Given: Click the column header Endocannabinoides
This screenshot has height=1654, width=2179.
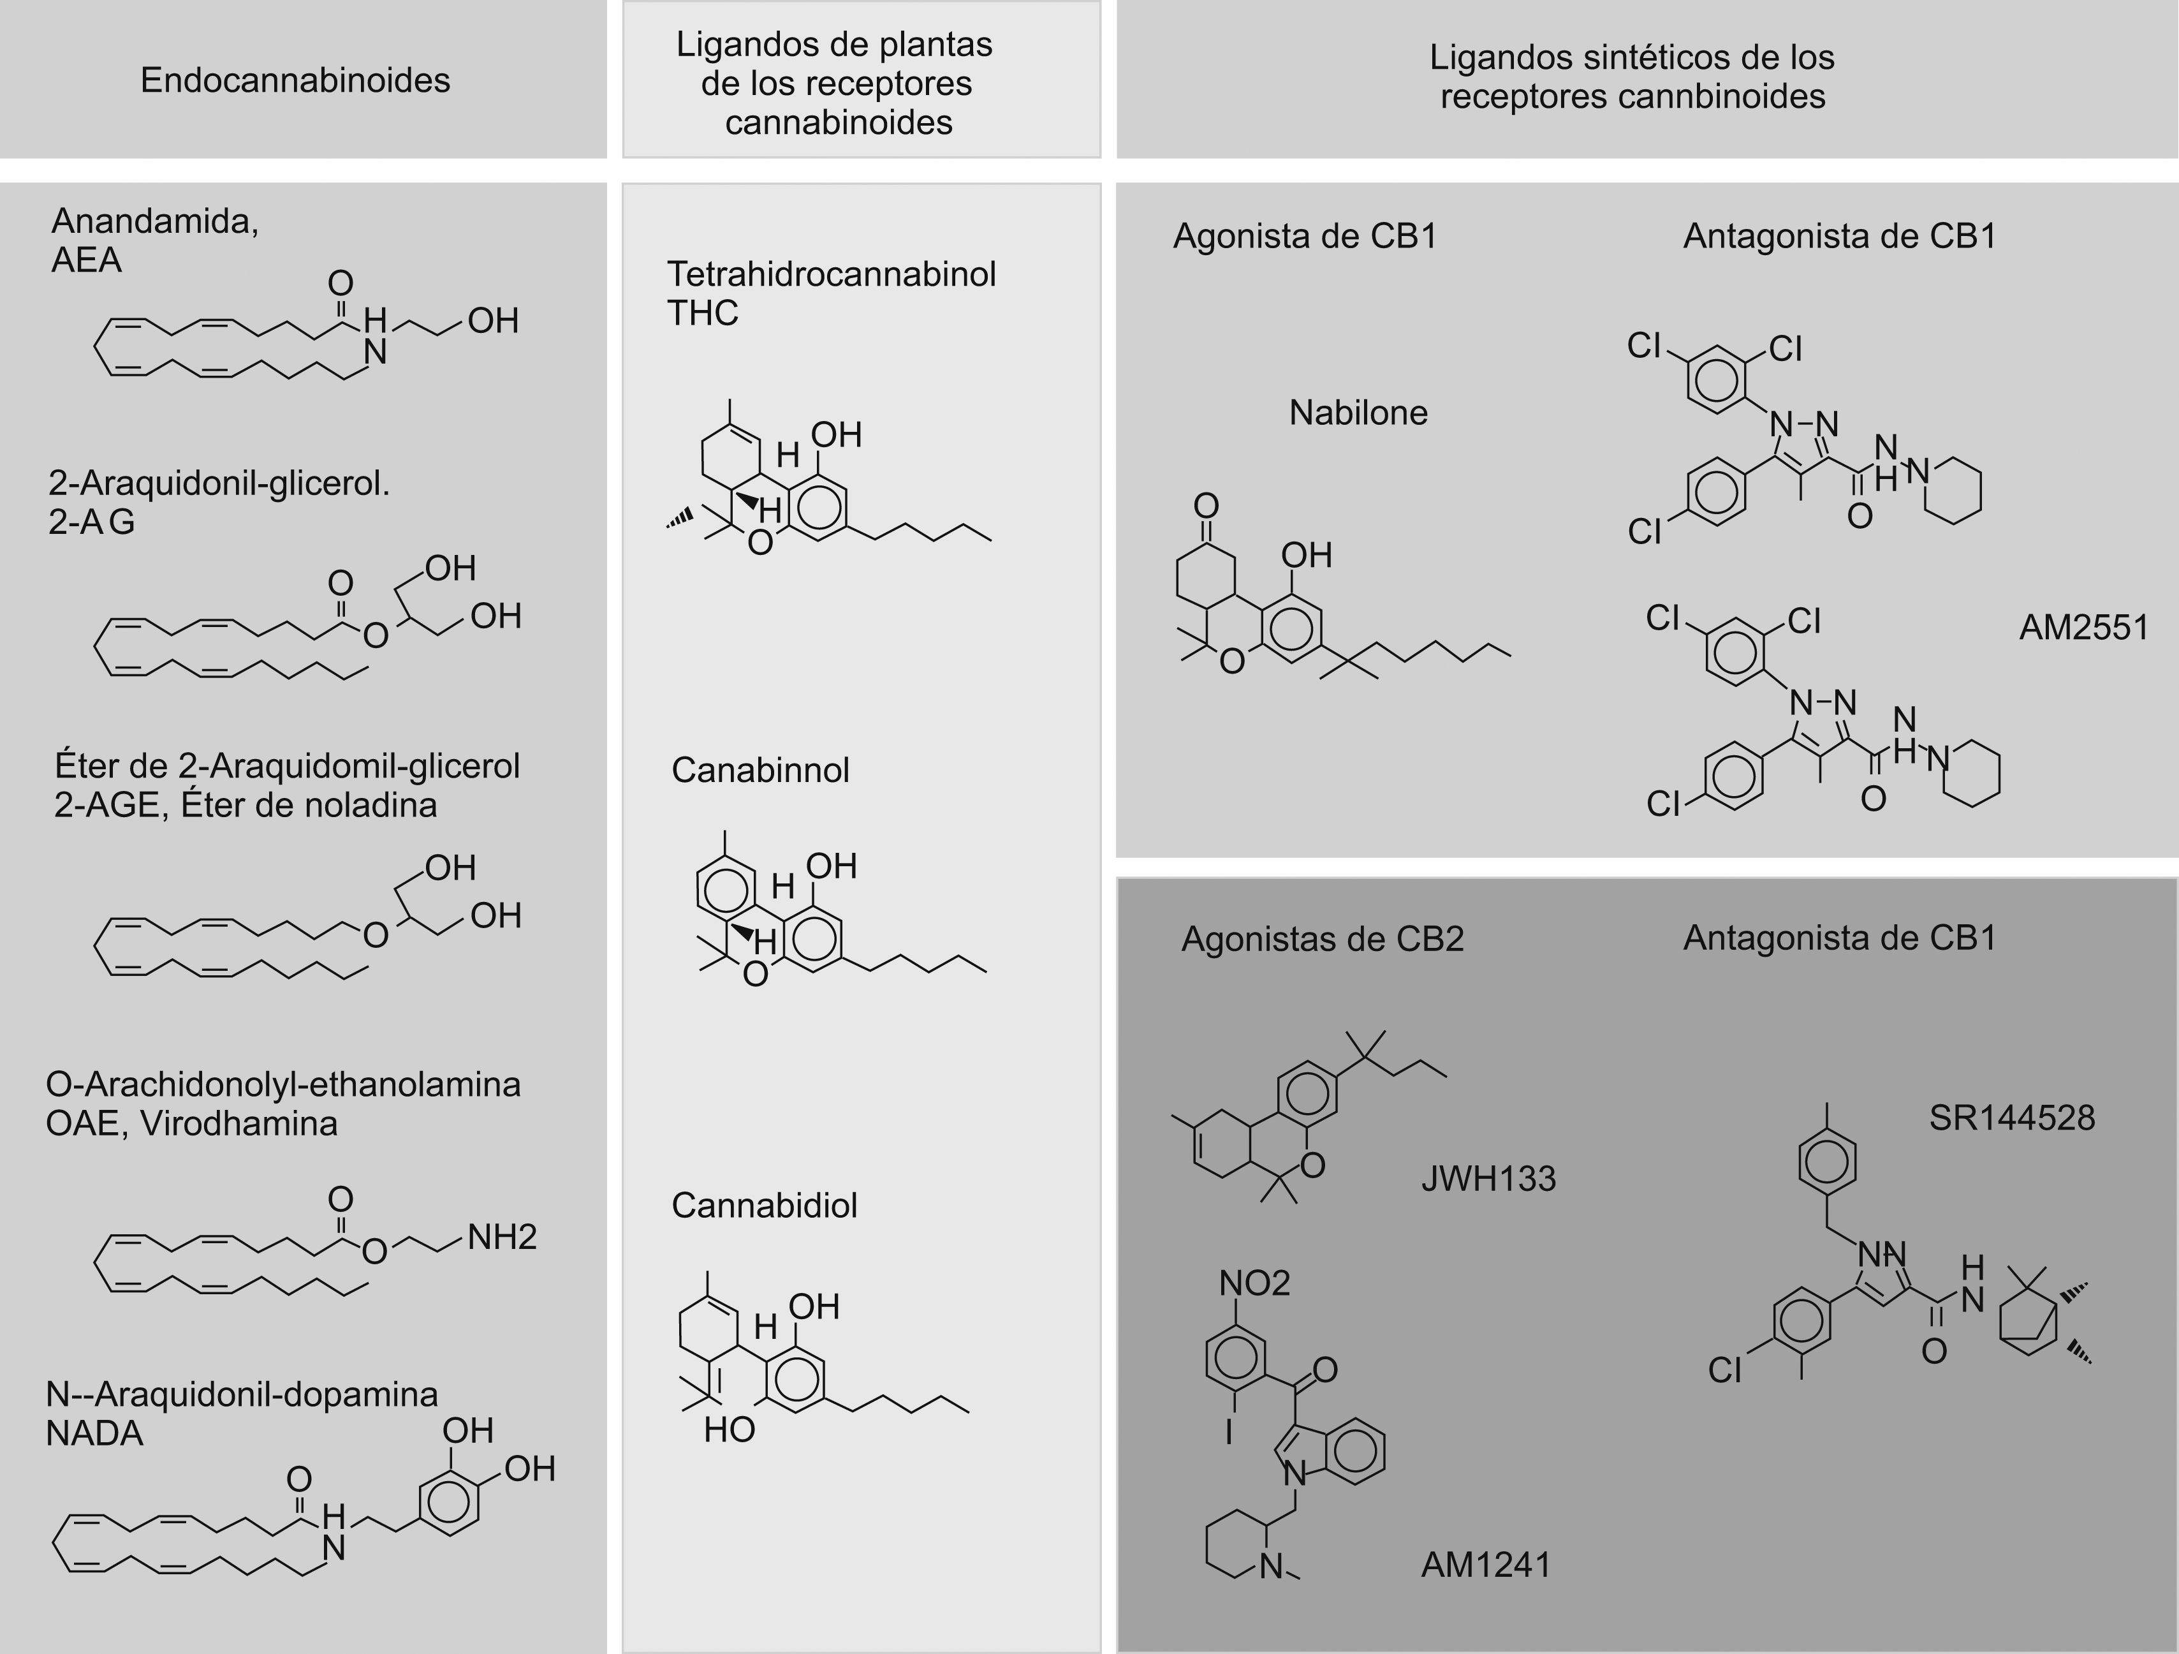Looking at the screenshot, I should click(x=295, y=80).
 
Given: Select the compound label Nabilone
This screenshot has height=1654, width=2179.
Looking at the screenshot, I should click(x=1358, y=412).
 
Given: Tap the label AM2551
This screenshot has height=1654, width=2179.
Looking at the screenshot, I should click(x=2083, y=628).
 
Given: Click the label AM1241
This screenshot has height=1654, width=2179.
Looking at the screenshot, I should click(x=1485, y=1564).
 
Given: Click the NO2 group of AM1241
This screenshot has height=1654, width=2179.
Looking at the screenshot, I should click(x=1253, y=1283).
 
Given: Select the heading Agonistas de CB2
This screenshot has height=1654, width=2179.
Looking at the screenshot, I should click(x=1322, y=939).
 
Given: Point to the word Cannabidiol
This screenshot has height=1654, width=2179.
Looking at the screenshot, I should click(x=765, y=1205).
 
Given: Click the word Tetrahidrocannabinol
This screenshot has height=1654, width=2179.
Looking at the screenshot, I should click(x=832, y=274).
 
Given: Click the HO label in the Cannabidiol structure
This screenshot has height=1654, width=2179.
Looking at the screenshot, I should click(x=729, y=1429).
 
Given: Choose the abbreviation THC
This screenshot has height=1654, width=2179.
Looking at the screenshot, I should click(x=702, y=313).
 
